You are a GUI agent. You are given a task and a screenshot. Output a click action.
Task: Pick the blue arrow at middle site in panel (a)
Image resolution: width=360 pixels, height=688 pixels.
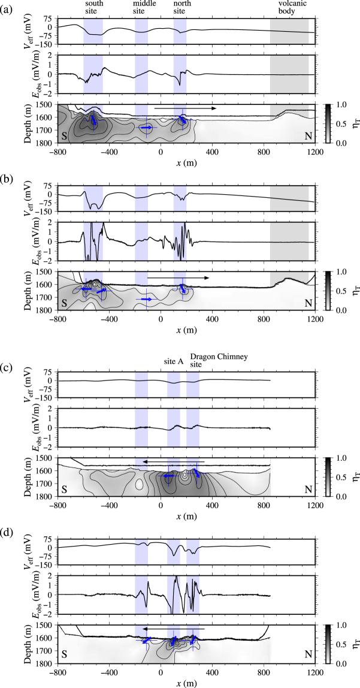coord(146,128)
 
